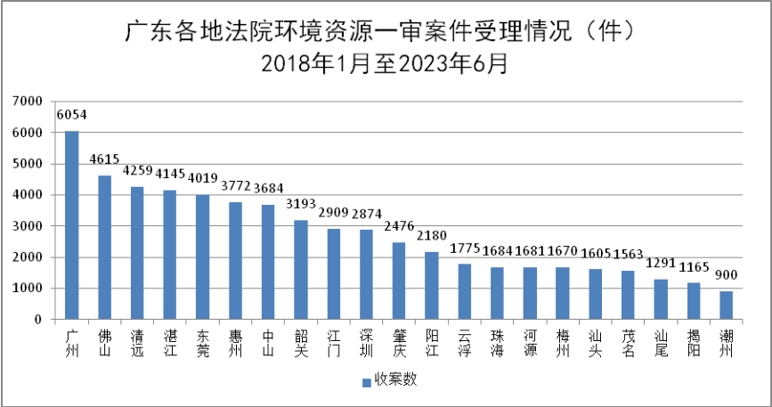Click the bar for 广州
coord(71,225)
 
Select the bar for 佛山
coord(104,248)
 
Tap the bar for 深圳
coord(366,274)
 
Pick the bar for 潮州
coord(726,305)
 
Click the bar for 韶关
coord(301,270)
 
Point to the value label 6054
coord(71,115)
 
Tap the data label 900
coord(726,274)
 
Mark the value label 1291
coord(661,263)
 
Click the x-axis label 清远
coord(137,343)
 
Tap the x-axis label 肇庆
coord(399,343)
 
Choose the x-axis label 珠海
coord(497,343)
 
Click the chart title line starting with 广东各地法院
coord(385,33)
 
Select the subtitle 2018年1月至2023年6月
coord(385,64)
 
